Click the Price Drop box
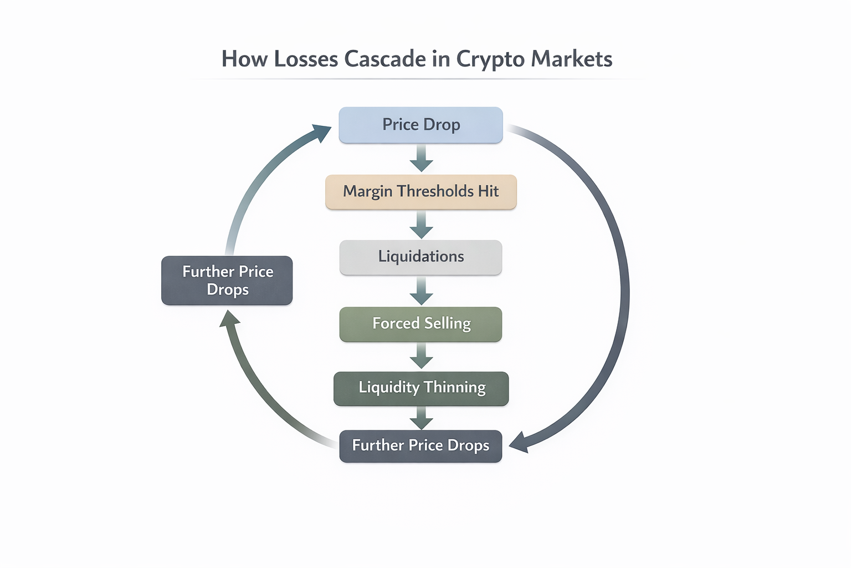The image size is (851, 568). pos(421,125)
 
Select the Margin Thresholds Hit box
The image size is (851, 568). pos(421,191)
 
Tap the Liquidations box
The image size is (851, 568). pos(421,257)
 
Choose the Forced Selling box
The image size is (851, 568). pos(421,323)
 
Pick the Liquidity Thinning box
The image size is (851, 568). pos(421,388)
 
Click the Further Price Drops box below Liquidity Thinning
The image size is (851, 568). pos(421,445)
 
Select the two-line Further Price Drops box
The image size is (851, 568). pos(227,280)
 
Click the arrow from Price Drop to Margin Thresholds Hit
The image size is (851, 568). pos(421,158)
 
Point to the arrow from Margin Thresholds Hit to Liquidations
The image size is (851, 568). pos(421,225)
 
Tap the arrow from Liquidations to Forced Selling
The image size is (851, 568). pos(421,291)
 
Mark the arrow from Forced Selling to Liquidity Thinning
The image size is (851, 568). pos(421,356)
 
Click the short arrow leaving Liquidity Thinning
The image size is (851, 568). pos(421,418)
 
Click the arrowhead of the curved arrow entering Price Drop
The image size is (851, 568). pos(321,133)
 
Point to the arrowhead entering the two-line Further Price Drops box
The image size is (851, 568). pos(229,319)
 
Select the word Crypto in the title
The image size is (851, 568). pos(490,59)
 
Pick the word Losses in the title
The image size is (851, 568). pos(306,59)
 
